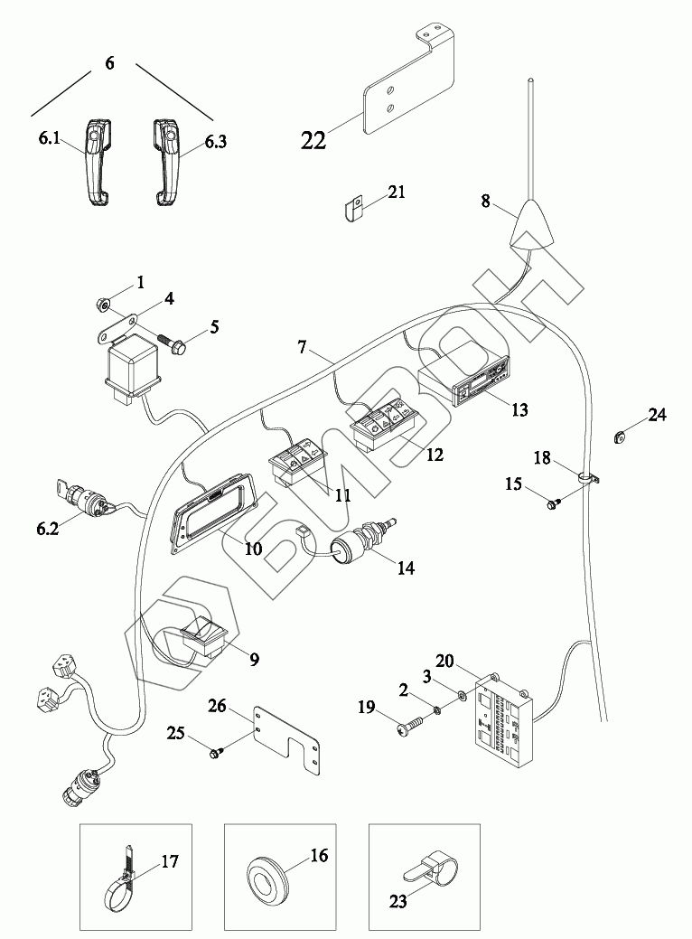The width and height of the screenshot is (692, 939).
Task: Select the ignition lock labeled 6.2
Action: [x=85, y=496]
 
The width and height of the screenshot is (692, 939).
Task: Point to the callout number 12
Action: [x=435, y=455]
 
